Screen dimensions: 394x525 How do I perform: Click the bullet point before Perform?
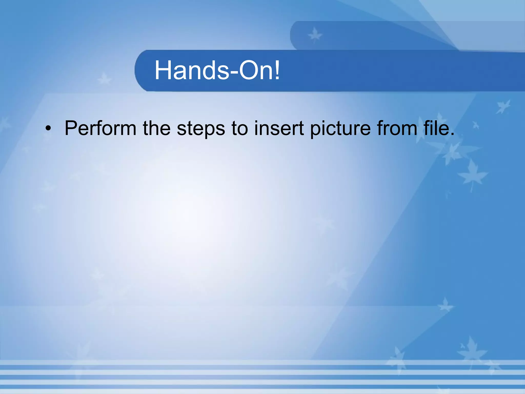(x=48, y=129)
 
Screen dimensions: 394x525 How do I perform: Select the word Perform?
(x=100, y=128)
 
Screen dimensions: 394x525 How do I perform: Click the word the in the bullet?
(x=156, y=128)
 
